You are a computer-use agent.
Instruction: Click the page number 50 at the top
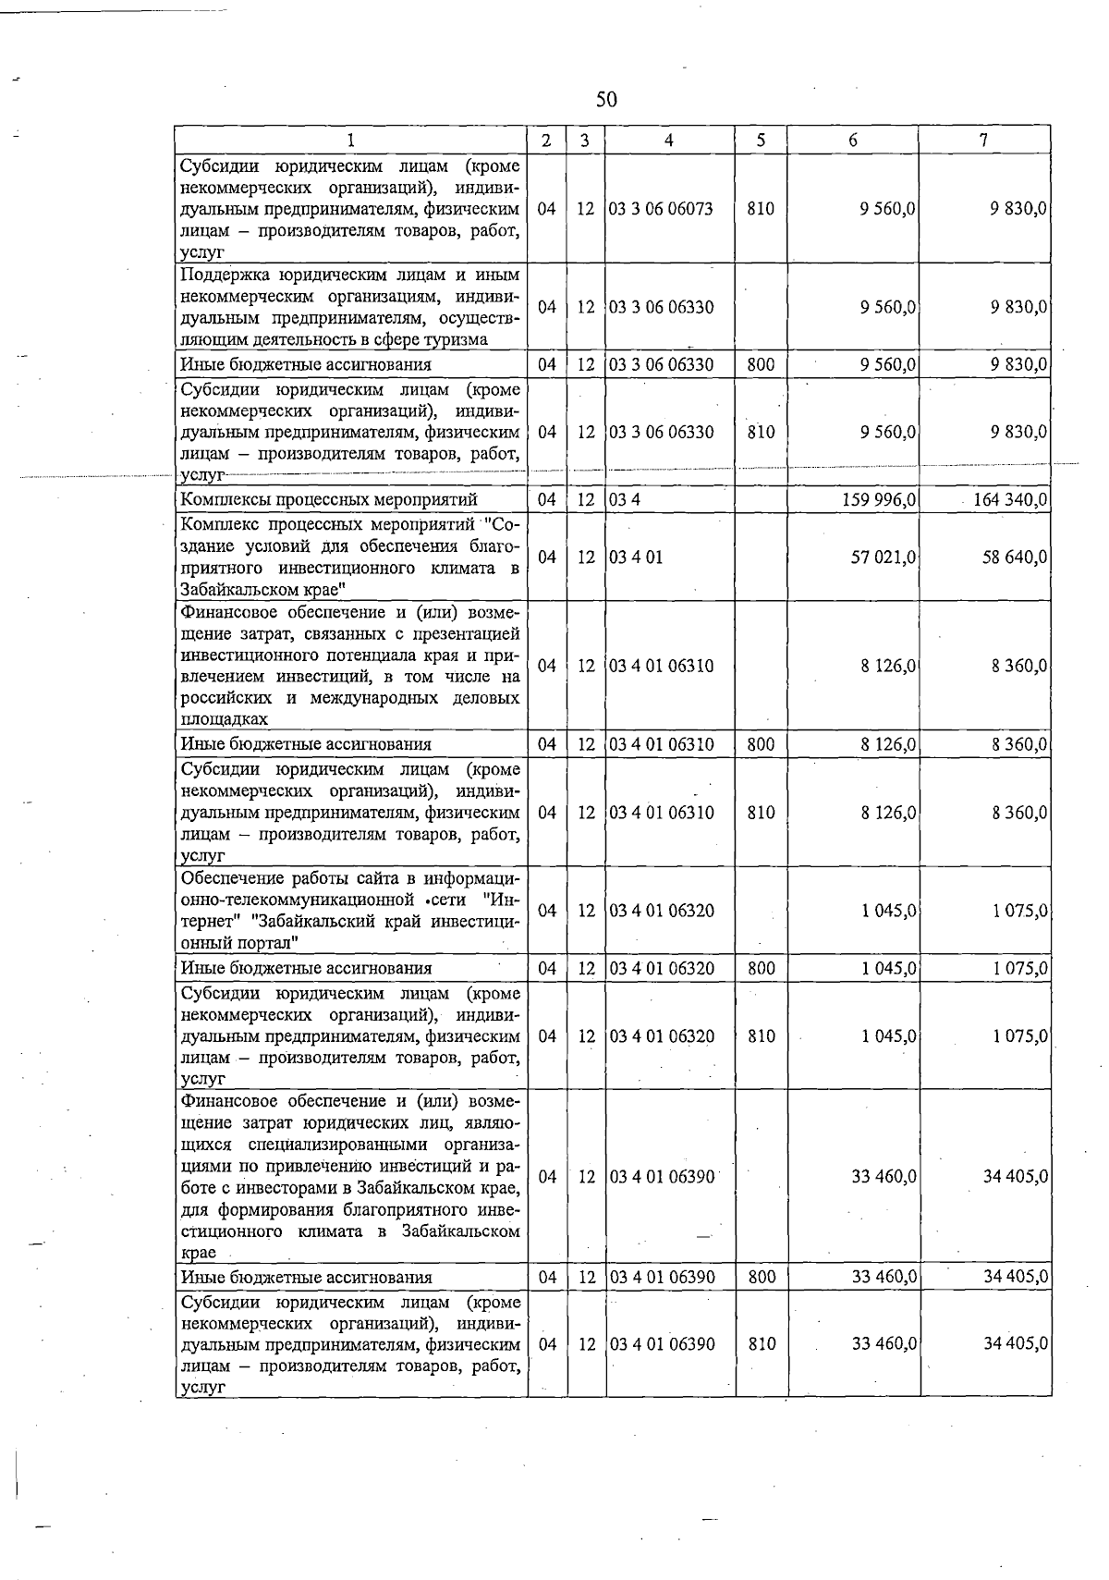coord(606,99)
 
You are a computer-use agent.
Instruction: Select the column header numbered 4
coord(668,140)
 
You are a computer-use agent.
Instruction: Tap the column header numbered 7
coord(984,140)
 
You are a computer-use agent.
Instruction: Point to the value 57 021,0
coord(883,557)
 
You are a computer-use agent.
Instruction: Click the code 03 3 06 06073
coord(662,209)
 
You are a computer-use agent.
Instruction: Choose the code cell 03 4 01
coord(636,557)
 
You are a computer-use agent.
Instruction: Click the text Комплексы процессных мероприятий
coord(329,500)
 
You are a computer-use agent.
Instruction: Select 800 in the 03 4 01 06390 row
coord(761,1277)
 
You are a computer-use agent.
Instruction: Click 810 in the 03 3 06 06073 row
coord(761,209)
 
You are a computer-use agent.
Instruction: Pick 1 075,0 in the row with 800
coord(1019,968)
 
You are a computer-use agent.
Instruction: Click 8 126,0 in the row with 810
coord(887,813)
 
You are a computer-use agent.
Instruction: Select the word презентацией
coord(464,633)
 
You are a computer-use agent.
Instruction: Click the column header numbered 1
coord(351,140)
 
